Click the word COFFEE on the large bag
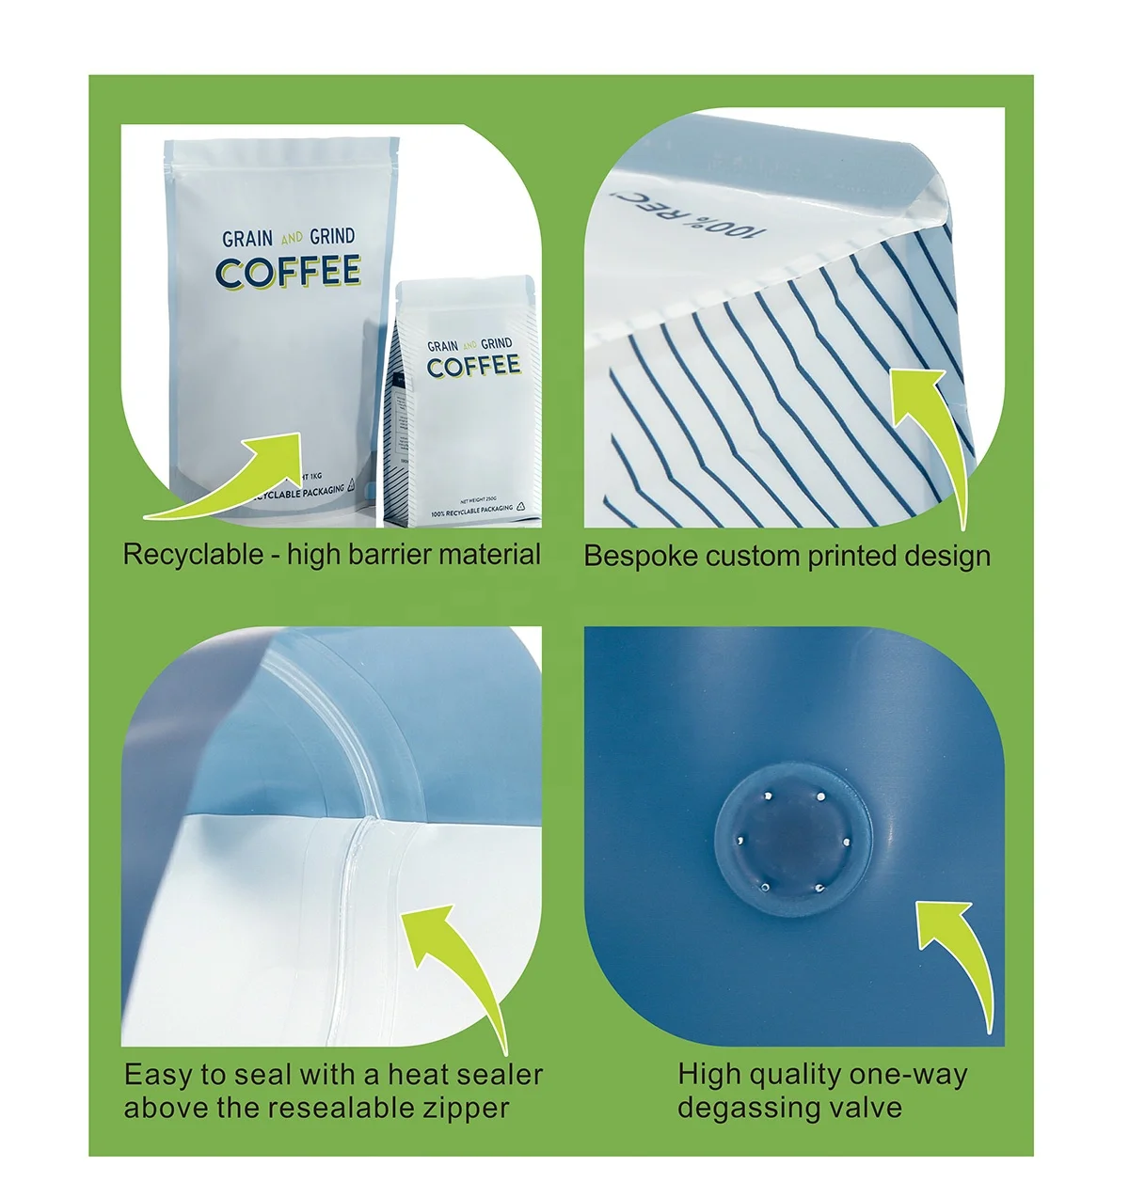(288, 272)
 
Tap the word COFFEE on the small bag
(473, 367)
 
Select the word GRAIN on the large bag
(247, 239)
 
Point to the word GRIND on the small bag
(497, 344)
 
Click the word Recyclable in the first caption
(193, 555)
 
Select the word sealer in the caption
(498, 1075)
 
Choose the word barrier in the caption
(389, 555)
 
